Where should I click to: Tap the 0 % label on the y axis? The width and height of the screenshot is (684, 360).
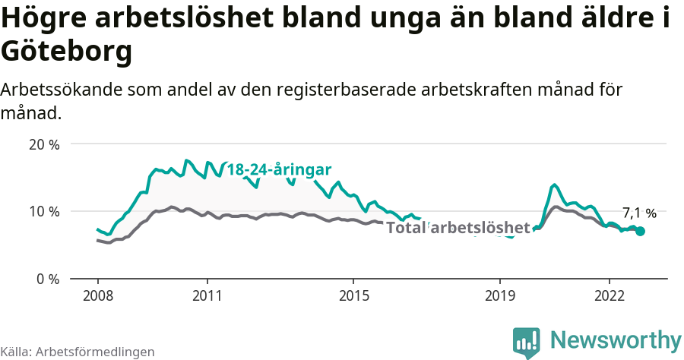pos(49,279)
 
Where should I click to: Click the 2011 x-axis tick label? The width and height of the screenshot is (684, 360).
pos(207,295)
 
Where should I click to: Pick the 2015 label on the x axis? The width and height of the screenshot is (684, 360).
pos(353,295)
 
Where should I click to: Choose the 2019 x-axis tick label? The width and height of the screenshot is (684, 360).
pos(499,295)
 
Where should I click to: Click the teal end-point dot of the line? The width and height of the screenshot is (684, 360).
pos(640,231)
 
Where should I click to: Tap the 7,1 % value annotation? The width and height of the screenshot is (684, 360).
pos(639,213)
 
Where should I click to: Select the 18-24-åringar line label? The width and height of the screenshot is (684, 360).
pos(280,170)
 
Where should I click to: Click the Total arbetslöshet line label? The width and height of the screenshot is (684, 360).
pos(458,227)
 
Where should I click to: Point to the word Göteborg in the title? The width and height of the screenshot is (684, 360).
pos(67,52)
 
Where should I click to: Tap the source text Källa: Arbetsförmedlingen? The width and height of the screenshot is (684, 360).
pos(78,352)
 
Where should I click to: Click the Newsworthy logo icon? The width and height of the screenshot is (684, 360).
pos(526,342)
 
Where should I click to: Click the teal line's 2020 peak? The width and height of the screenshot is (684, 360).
pos(555,185)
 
